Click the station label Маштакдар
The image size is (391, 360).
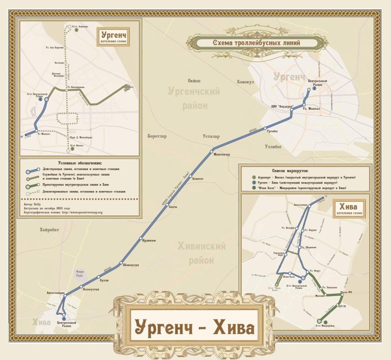coord(222,155)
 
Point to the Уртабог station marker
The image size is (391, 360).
coord(265,128)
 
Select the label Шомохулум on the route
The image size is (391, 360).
coord(131,265)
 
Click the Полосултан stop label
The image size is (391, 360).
coord(91,289)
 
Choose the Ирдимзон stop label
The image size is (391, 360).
coord(149,240)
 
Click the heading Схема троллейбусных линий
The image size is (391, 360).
coord(256,43)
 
